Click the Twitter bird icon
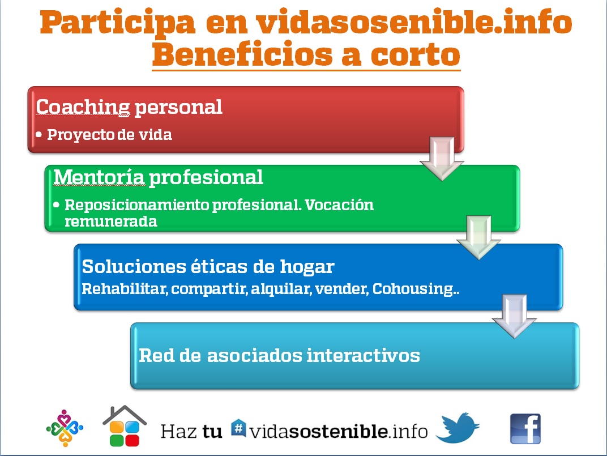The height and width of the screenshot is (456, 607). (x=457, y=428)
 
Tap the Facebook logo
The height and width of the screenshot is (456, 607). (x=525, y=429)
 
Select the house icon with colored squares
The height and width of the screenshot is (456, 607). (x=124, y=426)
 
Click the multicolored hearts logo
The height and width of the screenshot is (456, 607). (x=65, y=428)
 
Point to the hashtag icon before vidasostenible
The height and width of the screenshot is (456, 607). (x=238, y=428)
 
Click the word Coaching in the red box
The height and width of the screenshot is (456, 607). (x=83, y=107)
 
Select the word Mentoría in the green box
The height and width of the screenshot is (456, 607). (x=99, y=177)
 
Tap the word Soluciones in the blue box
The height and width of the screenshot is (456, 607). (x=134, y=267)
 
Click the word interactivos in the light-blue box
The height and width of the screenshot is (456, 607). (x=363, y=355)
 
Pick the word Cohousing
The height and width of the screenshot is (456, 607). (x=413, y=289)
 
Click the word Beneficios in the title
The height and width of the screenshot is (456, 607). (x=243, y=54)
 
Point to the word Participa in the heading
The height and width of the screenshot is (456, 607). (x=117, y=23)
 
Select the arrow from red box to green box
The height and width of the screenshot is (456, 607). (x=442, y=159)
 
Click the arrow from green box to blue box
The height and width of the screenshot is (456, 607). (x=479, y=237)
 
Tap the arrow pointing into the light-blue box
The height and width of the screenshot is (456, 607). (x=514, y=316)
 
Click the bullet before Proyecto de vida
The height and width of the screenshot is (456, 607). (x=39, y=135)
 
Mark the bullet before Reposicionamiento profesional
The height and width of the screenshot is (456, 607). (x=57, y=204)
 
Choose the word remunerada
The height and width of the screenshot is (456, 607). (x=111, y=221)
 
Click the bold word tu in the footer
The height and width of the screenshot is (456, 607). (x=212, y=431)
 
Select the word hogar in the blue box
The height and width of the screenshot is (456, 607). (x=307, y=267)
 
